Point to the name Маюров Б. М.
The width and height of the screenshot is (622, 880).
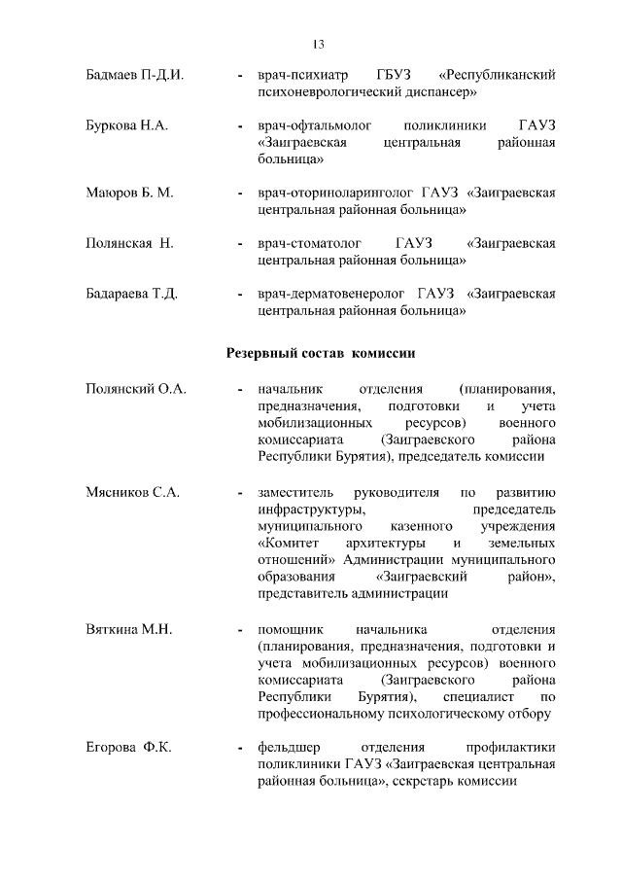(129, 193)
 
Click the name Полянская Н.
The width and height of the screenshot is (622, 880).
(129, 243)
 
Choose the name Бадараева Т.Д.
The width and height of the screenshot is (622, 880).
(131, 294)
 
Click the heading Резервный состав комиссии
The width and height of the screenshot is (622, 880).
(322, 353)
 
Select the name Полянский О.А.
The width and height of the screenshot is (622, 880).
(135, 390)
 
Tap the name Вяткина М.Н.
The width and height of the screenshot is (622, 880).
(129, 630)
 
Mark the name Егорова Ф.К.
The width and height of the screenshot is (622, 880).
(128, 748)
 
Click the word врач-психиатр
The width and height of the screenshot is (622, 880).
(299, 75)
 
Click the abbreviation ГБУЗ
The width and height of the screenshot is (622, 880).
(394, 75)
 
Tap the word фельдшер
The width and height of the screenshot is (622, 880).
(289, 748)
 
